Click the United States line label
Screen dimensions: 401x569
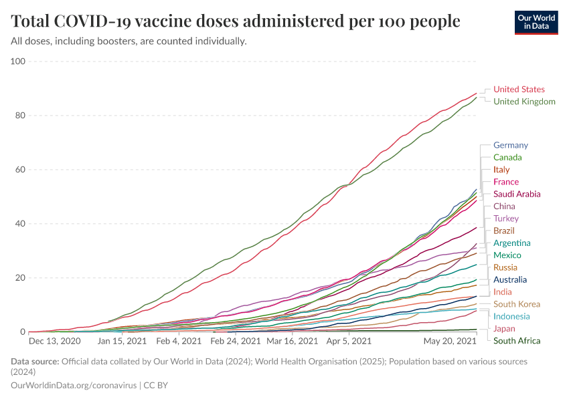pyautogui.click(x=519, y=89)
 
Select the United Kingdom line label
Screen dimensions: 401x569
pyautogui.click(x=524, y=102)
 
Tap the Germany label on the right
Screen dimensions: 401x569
pyautogui.click(x=510, y=145)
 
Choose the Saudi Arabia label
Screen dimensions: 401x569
pyautogui.click(x=517, y=194)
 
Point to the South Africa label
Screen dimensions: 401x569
pyautogui.click(x=517, y=341)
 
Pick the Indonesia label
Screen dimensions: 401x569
pyautogui.click(x=511, y=316)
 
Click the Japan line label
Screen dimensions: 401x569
pyautogui.click(x=504, y=329)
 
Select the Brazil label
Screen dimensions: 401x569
pyautogui.click(x=503, y=231)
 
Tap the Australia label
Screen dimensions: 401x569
pyautogui.click(x=510, y=279)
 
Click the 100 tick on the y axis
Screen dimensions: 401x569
pyautogui.click(x=17, y=61)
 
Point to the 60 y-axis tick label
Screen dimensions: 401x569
pyautogui.click(x=19, y=170)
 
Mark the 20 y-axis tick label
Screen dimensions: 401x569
pyautogui.click(x=19, y=278)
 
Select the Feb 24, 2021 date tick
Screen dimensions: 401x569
pyautogui.click(x=235, y=341)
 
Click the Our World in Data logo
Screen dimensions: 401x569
pyautogui.click(x=536, y=21)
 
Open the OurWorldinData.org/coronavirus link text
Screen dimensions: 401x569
pyautogui.click(x=74, y=385)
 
